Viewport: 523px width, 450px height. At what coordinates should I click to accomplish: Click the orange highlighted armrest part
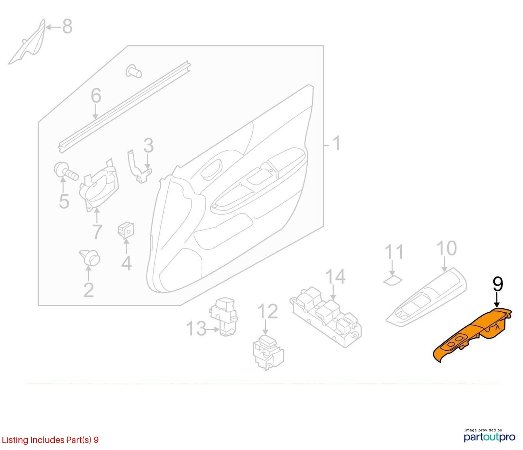[x=473, y=334]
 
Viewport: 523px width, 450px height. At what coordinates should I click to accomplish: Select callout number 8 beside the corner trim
[x=67, y=26]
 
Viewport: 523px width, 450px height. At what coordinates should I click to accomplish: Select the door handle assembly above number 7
[x=99, y=184]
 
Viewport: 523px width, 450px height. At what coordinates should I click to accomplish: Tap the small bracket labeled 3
[x=139, y=166]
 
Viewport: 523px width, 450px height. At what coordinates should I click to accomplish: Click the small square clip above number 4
[x=126, y=230]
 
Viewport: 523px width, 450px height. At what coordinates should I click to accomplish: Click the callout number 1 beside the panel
[x=336, y=143]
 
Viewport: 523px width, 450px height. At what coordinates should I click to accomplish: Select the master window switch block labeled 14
[x=326, y=317]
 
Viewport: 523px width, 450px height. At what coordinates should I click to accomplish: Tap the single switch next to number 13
[x=223, y=317]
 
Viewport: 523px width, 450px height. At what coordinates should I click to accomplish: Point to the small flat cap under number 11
[x=393, y=280]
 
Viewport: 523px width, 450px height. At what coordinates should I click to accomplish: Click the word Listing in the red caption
[x=15, y=440]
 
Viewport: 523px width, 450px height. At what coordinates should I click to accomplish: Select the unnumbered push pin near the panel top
[x=134, y=71]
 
